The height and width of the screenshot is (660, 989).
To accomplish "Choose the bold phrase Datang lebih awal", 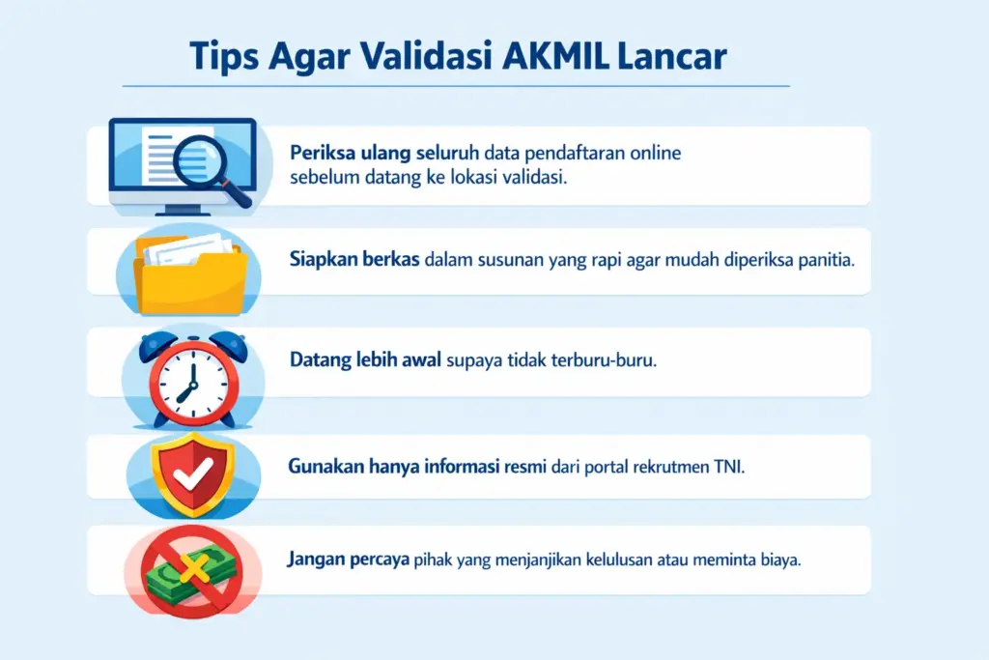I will click(x=365, y=359).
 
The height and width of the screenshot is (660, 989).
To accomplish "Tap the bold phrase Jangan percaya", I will click(x=349, y=560).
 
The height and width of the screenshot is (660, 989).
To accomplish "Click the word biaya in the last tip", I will click(x=781, y=560).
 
